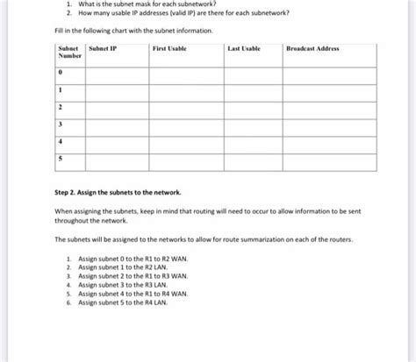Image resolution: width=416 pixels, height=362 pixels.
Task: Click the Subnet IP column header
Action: click(x=104, y=48)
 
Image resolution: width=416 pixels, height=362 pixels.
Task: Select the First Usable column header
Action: click(x=169, y=48)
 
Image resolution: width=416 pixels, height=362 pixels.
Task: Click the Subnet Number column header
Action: click(x=68, y=52)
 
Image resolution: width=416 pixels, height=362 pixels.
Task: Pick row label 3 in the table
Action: click(x=60, y=123)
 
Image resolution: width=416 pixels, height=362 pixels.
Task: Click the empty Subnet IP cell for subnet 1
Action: click(x=116, y=89)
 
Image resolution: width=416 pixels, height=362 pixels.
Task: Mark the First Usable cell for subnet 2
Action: click(x=185, y=106)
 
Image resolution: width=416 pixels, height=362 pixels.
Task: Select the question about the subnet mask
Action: click(x=144, y=4)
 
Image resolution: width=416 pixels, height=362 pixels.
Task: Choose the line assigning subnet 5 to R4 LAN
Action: click(x=122, y=302)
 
